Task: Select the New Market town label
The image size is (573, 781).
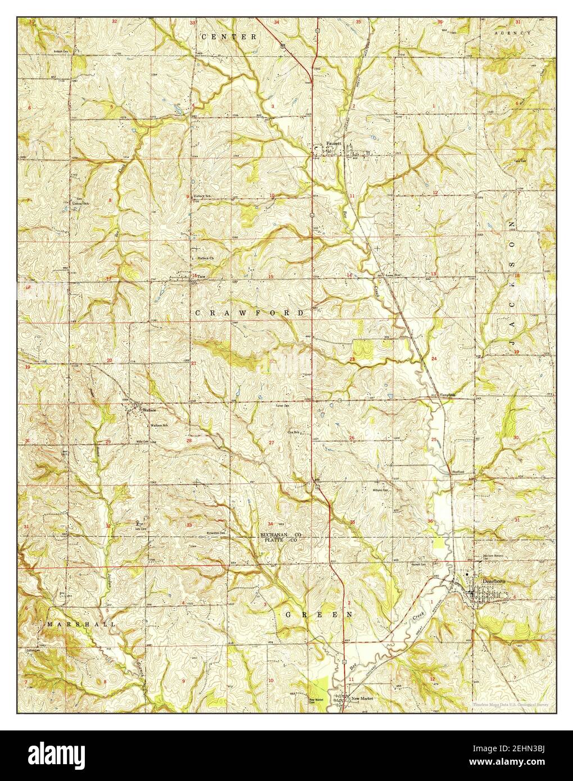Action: pyautogui.click(x=362, y=698)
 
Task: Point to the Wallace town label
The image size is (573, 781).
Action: pyautogui.click(x=149, y=410)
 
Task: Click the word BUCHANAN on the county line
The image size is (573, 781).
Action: pyautogui.click(x=274, y=534)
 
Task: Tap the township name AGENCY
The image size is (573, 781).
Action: pyautogui.click(x=512, y=34)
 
